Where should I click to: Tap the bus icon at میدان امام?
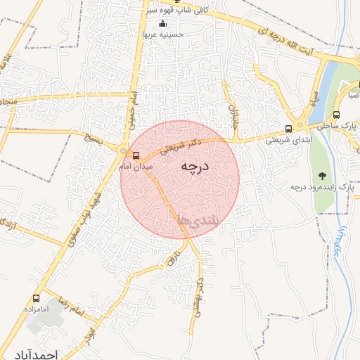pos(136,155)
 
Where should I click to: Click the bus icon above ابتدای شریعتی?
pos(289,129)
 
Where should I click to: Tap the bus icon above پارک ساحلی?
pos(336,115)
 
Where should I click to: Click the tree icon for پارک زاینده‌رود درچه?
pos(322,176)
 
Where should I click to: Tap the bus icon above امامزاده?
pos(37,298)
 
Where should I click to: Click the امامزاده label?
pos(34,309)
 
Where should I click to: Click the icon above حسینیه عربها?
pos(163,25)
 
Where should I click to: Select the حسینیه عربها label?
pos(163,34)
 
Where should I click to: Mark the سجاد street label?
pos(8,101)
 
